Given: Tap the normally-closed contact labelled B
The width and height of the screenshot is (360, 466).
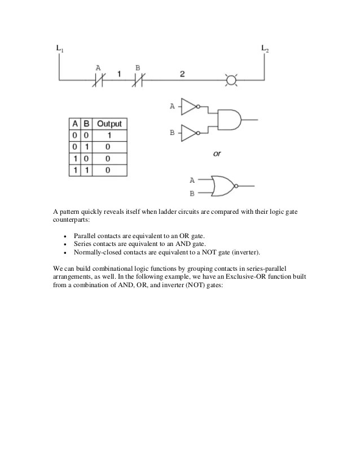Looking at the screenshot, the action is (138, 82).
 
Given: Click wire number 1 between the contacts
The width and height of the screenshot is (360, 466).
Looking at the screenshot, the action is (118, 74).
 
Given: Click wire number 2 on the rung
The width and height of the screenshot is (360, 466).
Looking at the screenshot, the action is (182, 74).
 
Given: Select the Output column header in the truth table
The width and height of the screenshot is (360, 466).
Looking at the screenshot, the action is (109, 124).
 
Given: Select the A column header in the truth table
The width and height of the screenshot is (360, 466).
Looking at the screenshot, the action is (74, 124).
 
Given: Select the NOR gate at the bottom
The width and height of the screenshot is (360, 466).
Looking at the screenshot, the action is (223, 186).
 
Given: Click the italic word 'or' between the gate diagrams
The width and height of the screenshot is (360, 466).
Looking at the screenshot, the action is (217, 154).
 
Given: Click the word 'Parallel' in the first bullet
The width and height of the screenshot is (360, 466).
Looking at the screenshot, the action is (85, 235).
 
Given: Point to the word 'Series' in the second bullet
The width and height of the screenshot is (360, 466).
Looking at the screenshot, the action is (83, 243).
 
